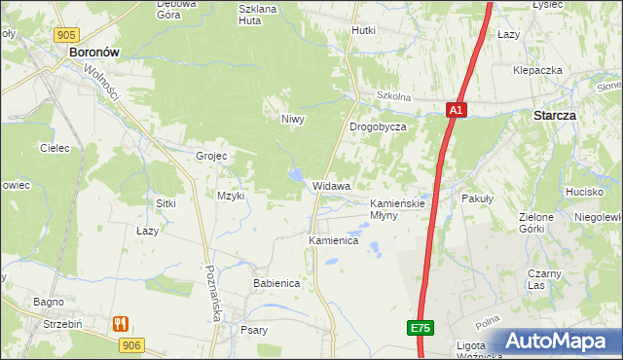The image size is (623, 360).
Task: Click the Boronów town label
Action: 93,55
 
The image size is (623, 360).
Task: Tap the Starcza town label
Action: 554,115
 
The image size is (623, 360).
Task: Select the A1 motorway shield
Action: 457,111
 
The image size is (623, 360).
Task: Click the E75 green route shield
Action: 420,329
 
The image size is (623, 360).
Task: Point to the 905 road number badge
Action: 66,35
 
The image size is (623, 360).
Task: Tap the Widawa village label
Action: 332,185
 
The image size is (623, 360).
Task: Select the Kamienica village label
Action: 334,239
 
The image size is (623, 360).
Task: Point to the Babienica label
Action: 276,282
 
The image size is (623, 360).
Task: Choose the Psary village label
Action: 253,330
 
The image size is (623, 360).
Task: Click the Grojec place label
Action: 211,156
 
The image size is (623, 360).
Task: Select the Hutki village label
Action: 363,30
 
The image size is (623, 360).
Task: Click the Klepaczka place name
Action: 538,71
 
